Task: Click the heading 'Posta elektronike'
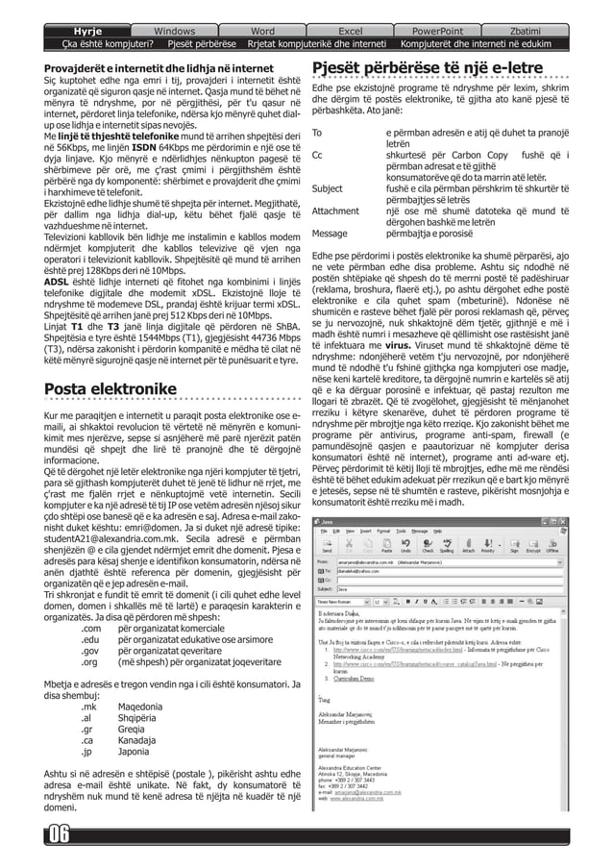110,388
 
